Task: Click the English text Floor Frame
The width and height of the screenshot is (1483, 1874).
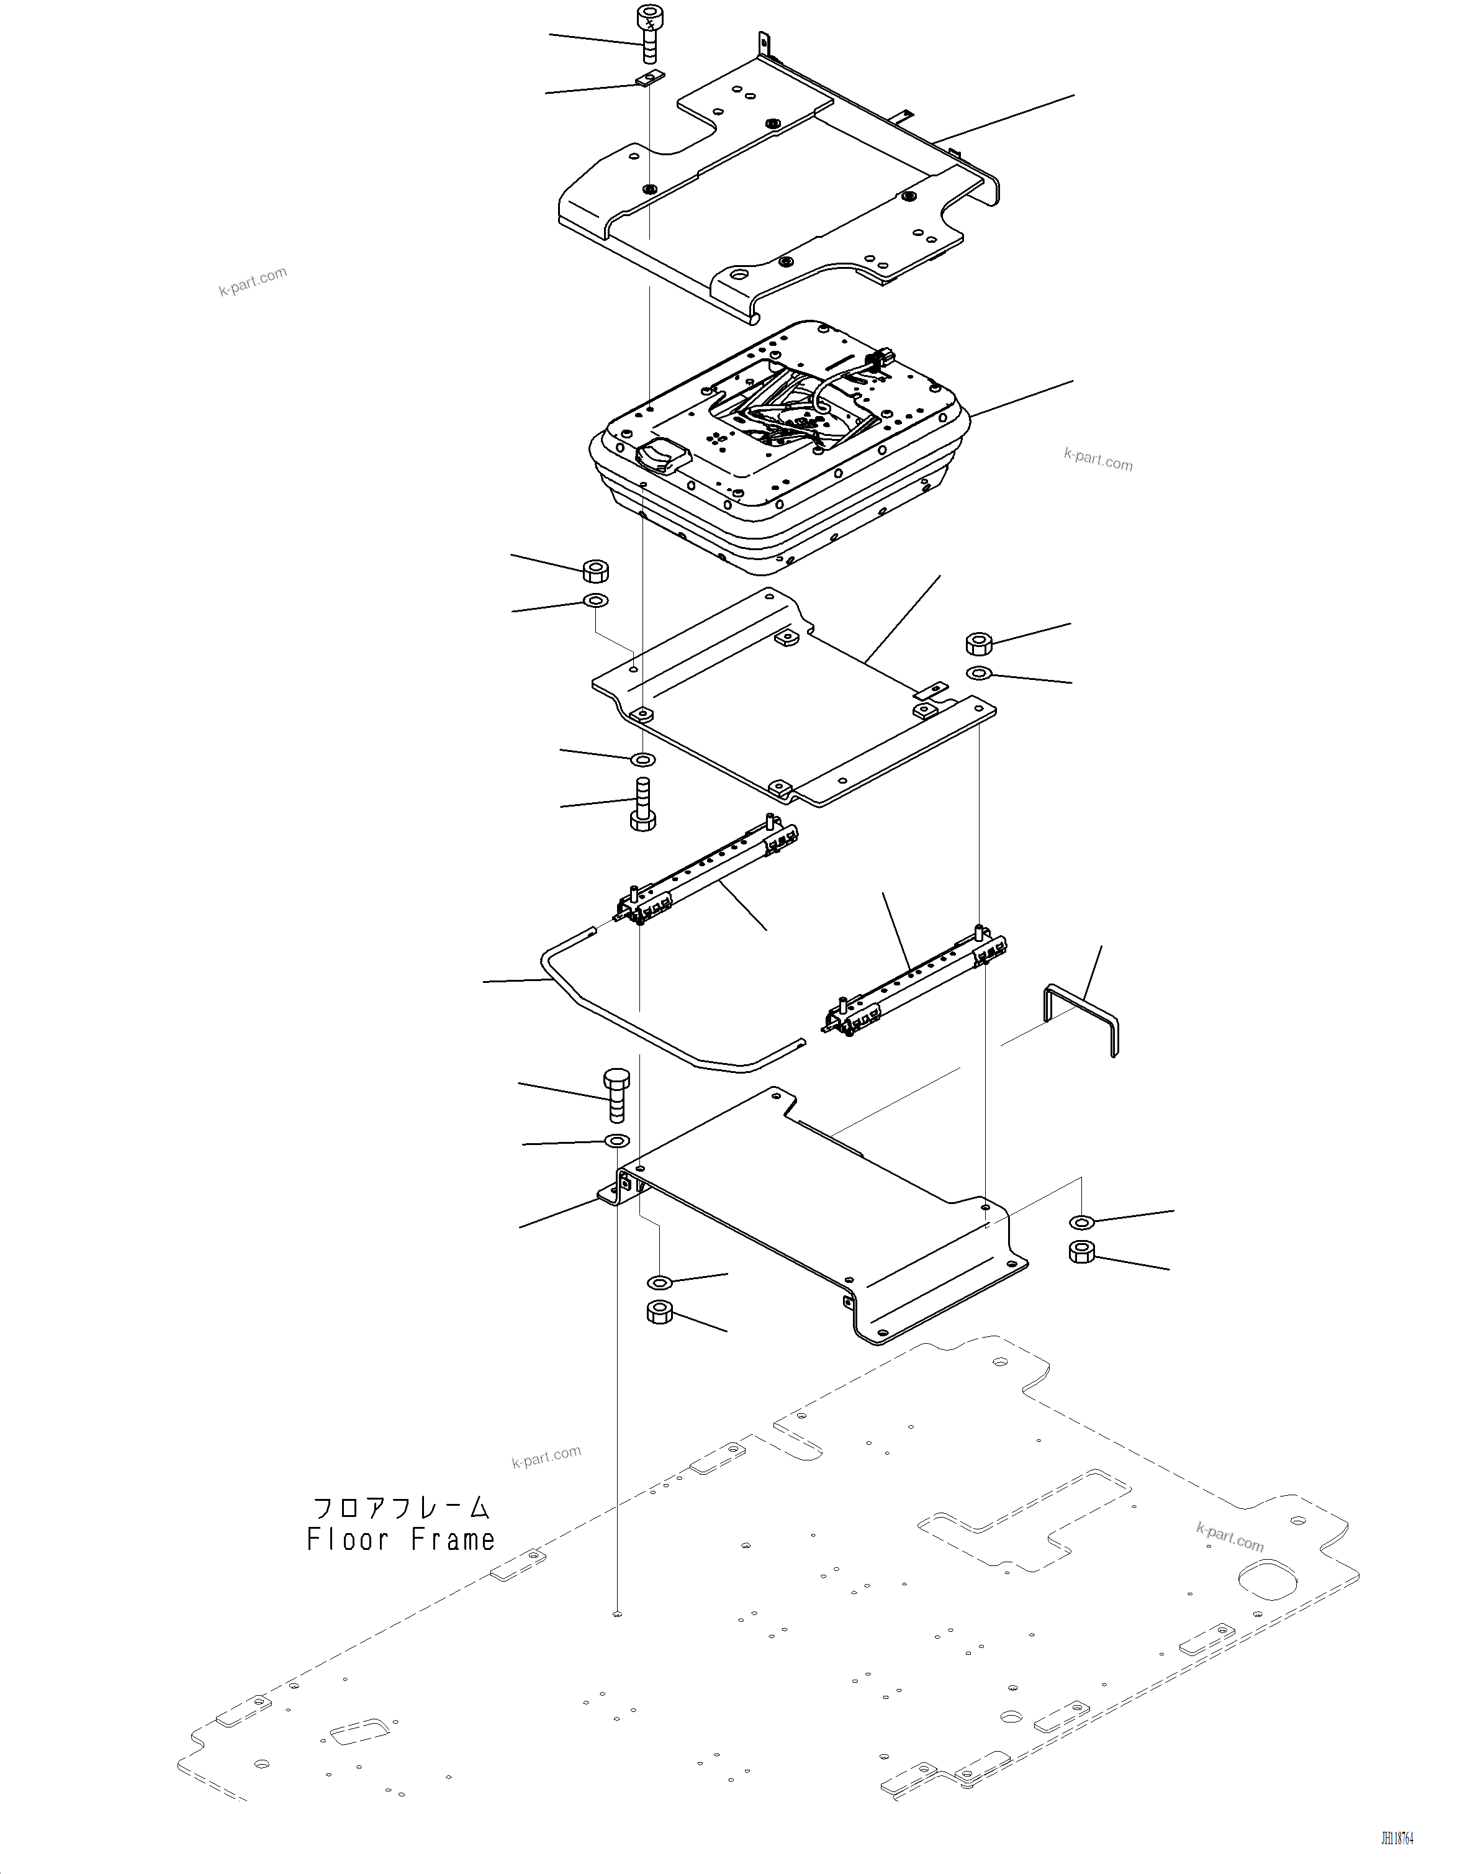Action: point(400,1540)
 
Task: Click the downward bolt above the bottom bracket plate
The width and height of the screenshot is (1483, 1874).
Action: point(616,1095)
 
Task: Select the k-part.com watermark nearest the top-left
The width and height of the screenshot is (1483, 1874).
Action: point(252,281)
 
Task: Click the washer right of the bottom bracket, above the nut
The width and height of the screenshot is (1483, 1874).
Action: point(1081,1223)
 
